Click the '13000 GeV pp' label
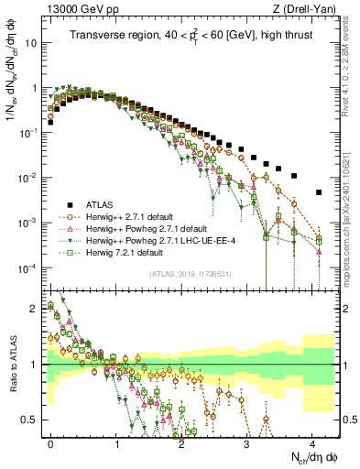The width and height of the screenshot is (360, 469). (76, 8)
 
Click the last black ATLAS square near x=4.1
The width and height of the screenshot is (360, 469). (318, 192)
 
